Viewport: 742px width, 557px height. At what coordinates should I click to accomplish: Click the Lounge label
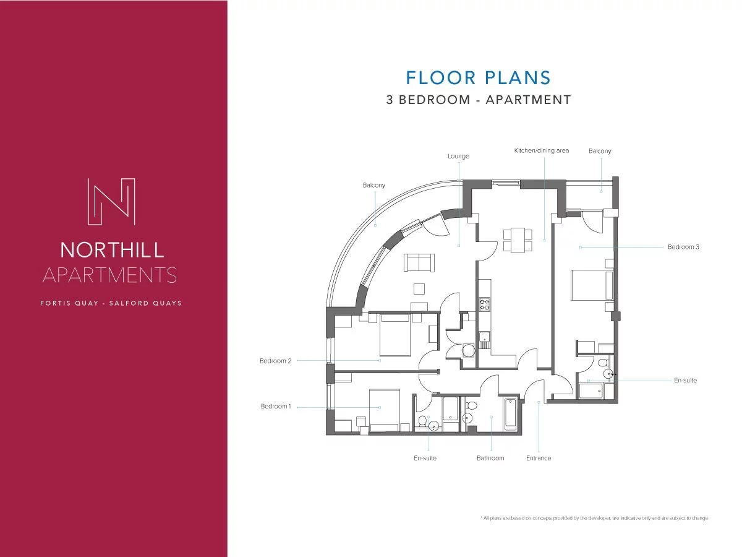click(458, 156)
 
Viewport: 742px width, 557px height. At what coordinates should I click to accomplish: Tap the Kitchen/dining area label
click(542, 150)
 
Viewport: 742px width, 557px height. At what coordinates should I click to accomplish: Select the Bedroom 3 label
click(683, 247)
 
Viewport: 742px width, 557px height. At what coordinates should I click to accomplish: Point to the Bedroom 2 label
click(275, 361)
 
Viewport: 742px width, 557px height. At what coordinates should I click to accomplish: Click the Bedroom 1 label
click(276, 406)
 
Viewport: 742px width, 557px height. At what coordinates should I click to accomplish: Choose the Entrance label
click(539, 458)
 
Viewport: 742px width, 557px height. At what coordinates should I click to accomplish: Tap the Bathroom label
click(490, 458)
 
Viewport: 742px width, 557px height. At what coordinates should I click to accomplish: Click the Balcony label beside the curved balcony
click(374, 185)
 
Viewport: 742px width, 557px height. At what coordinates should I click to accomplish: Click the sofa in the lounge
click(419, 262)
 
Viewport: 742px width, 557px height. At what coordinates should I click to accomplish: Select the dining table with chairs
click(518, 240)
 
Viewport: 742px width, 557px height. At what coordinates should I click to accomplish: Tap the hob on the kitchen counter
click(484, 304)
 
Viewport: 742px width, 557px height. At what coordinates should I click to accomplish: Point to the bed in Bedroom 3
click(592, 285)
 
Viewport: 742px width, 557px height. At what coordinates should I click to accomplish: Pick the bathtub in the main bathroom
click(510, 414)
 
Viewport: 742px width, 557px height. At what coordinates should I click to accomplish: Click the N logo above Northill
click(111, 202)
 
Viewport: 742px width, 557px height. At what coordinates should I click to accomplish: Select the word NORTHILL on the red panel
click(112, 250)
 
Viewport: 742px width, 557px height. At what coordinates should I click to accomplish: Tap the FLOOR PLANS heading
click(478, 77)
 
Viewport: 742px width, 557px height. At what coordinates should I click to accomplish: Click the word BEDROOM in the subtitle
click(435, 100)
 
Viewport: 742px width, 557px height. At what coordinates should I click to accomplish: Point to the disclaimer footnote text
click(594, 518)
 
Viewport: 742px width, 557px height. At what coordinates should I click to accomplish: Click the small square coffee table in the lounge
click(419, 289)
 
